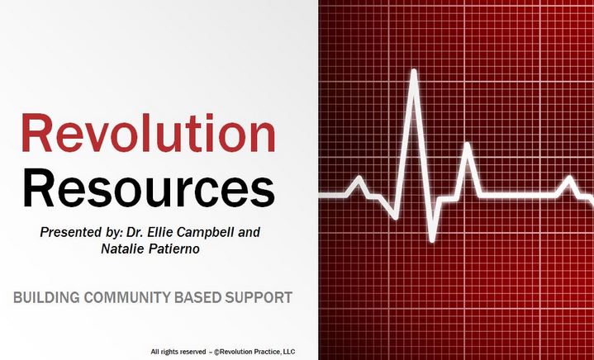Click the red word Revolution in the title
pos(148,133)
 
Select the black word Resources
pos(149,188)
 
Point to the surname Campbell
pos(206,232)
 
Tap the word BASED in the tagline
pos(198,297)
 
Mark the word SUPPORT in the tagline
pos(259,297)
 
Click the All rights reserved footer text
pos(178,352)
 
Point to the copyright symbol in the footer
pos(216,353)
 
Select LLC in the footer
pos(290,352)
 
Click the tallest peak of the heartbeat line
pos(414,71)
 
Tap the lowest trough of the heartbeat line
pos(432,239)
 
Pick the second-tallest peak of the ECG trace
pos(468,144)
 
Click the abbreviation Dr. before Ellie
pos(136,232)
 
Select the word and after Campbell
pos(249,232)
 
